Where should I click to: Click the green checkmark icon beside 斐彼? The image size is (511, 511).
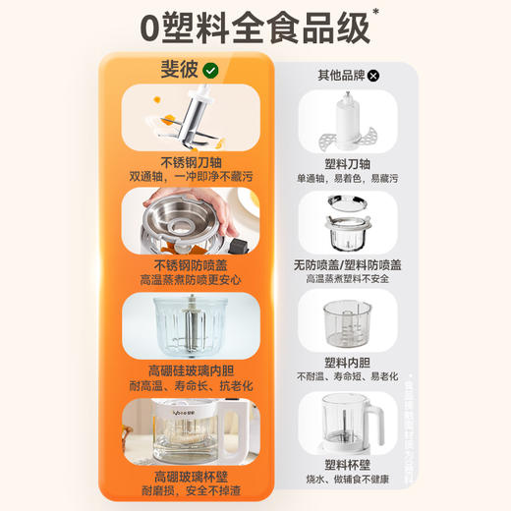210,71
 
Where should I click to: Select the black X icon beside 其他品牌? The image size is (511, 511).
373,74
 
